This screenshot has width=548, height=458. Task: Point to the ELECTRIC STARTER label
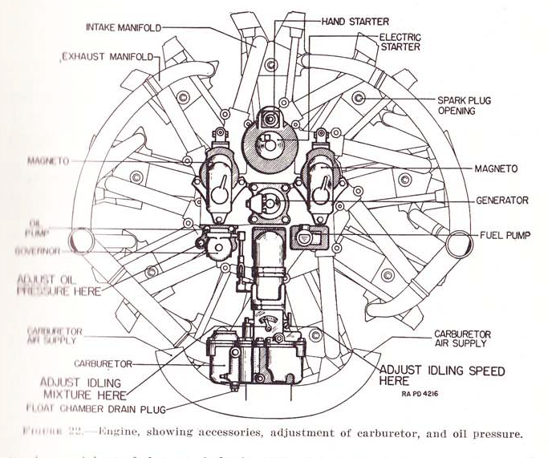tap(400, 43)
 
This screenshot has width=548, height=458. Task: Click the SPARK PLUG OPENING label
tap(464, 106)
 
